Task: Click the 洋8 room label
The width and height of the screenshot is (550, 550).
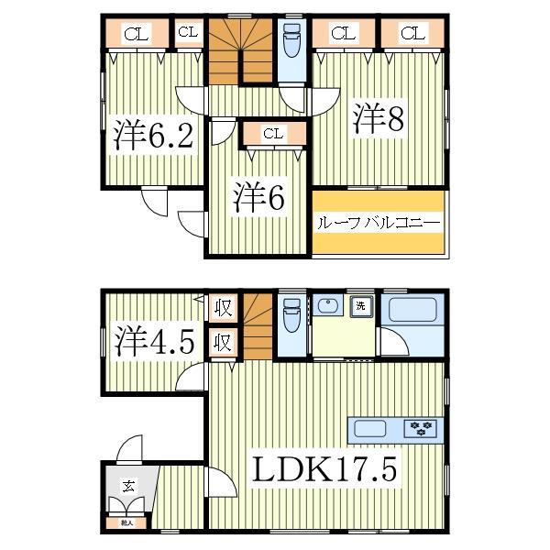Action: tap(380, 119)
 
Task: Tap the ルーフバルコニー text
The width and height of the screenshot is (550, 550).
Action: tap(378, 223)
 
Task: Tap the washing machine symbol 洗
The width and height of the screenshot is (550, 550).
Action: tap(361, 306)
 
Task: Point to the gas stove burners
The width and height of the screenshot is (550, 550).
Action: tap(422, 427)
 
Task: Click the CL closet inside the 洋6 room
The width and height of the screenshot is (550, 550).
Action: tap(272, 134)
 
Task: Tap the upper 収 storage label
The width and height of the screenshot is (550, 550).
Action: tap(223, 307)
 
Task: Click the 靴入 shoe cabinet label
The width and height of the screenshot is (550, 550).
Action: tap(126, 522)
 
